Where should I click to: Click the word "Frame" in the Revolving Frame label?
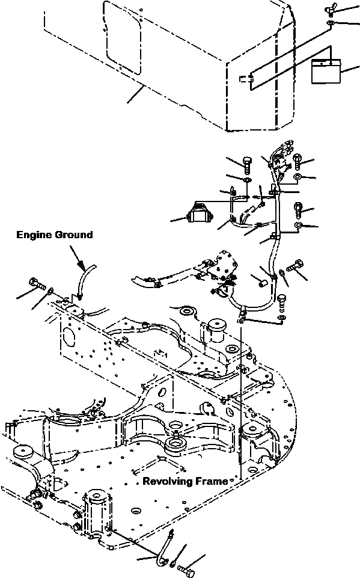pyautogui.click(x=214, y=481)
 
